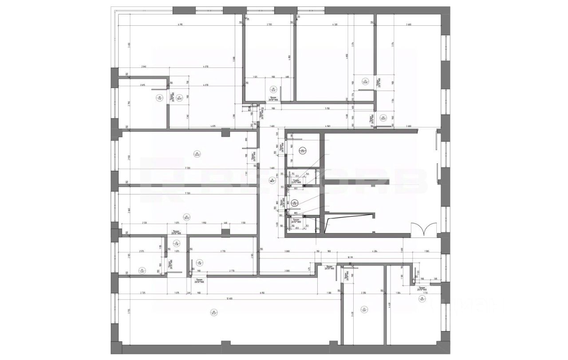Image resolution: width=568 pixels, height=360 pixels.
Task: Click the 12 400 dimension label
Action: point(229,298)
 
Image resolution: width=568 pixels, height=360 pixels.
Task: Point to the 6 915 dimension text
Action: point(180,24)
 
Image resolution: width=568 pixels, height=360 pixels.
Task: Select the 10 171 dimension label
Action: point(350,257)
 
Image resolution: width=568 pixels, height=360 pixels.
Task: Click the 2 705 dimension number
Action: point(269,24)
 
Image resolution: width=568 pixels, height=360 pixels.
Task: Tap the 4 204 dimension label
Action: point(375,251)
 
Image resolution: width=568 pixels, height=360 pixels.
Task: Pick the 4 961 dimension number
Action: point(328,127)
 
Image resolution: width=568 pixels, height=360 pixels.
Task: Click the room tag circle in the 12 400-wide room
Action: point(214,313)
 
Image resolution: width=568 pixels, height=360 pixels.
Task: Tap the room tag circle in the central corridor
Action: point(272,180)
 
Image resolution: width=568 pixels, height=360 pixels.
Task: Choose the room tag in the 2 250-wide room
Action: point(364,309)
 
